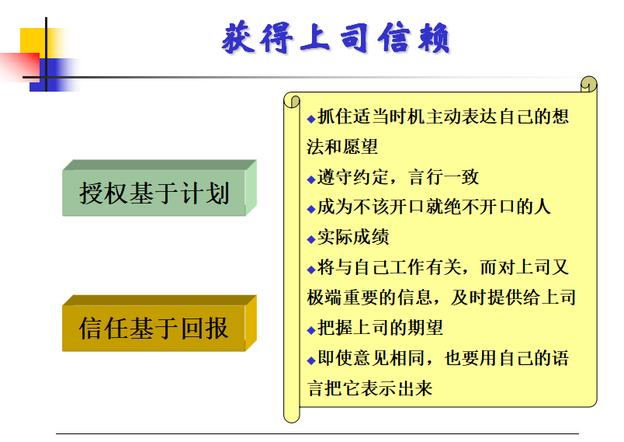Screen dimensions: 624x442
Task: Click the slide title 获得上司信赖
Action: tap(335, 38)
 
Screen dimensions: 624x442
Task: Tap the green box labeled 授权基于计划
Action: tap(159, 188)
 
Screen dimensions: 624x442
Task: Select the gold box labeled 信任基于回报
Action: tap(159, 323)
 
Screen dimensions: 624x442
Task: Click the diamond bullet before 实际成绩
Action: tap(311, 239)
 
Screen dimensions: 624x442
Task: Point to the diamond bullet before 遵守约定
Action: tap(311, 179)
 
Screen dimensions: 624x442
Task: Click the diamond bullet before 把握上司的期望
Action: tap(311, 330)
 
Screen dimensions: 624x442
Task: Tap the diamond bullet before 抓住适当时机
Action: tap(311, 119)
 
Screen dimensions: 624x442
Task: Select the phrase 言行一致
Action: tap(443, 177)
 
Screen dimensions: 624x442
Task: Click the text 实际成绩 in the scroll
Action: tap(353, 237)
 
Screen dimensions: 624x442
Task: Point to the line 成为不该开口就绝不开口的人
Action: tap(434, 207)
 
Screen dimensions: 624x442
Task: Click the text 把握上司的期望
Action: tap(380, 328)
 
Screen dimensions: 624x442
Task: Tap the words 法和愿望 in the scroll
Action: tap(342, 147)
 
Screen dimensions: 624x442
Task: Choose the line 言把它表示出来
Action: tap(369, 388)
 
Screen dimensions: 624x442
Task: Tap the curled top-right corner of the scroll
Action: tap(589, 84)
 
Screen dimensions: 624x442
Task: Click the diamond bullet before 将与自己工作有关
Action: tap(311, 270)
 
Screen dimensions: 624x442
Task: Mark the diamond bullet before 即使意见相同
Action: tap(311, 360)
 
